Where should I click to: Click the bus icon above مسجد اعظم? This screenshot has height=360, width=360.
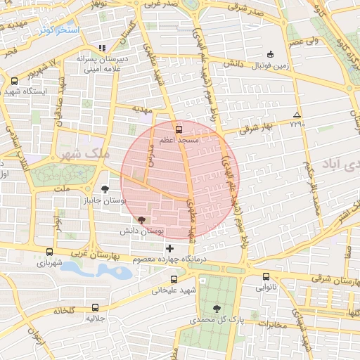(x=179, y=129)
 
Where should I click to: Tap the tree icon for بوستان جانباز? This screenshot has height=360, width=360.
(x=105, y=188)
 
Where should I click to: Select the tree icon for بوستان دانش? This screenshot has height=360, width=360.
(x=143, y=220)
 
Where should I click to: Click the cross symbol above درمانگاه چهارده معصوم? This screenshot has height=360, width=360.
(x=169, y=248)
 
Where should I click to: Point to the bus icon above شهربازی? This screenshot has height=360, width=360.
(x=49, y=252)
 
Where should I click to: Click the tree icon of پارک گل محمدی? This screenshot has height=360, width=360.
(x=216, y=308)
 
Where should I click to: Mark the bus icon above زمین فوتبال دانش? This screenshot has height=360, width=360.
(x=271, y=55)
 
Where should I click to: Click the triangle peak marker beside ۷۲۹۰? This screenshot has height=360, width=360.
(x=297, y=115)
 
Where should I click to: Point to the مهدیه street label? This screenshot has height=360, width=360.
(x=142, y=110)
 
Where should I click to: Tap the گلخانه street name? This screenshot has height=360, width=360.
(x=61, y=310)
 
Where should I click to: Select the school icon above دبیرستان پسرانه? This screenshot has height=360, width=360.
(x=103, y=48)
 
